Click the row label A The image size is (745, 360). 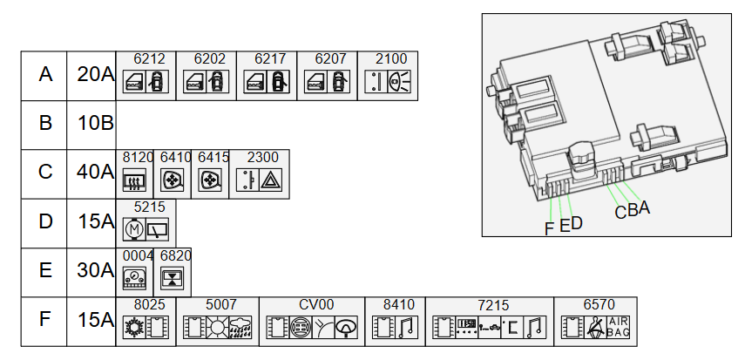pos(45,75)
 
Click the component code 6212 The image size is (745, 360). pos(149,59)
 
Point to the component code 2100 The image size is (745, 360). pos(390,59)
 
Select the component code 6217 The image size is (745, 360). pos(270,59)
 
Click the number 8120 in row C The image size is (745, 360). pos(138,158)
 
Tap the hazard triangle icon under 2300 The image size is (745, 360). pos(270,181)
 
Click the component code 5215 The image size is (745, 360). pos(149,207)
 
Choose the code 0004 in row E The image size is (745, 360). pos(138,255)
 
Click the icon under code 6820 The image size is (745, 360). pos(173,279)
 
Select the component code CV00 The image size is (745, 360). pos(315,305)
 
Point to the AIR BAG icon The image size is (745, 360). pos(617,328)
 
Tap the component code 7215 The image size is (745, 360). pos(493,305)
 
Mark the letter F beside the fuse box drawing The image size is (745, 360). pos(549,229)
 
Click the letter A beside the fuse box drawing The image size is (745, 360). pos(644,207)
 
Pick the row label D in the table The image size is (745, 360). pos(45,221)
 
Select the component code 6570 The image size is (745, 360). pos(599,305)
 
